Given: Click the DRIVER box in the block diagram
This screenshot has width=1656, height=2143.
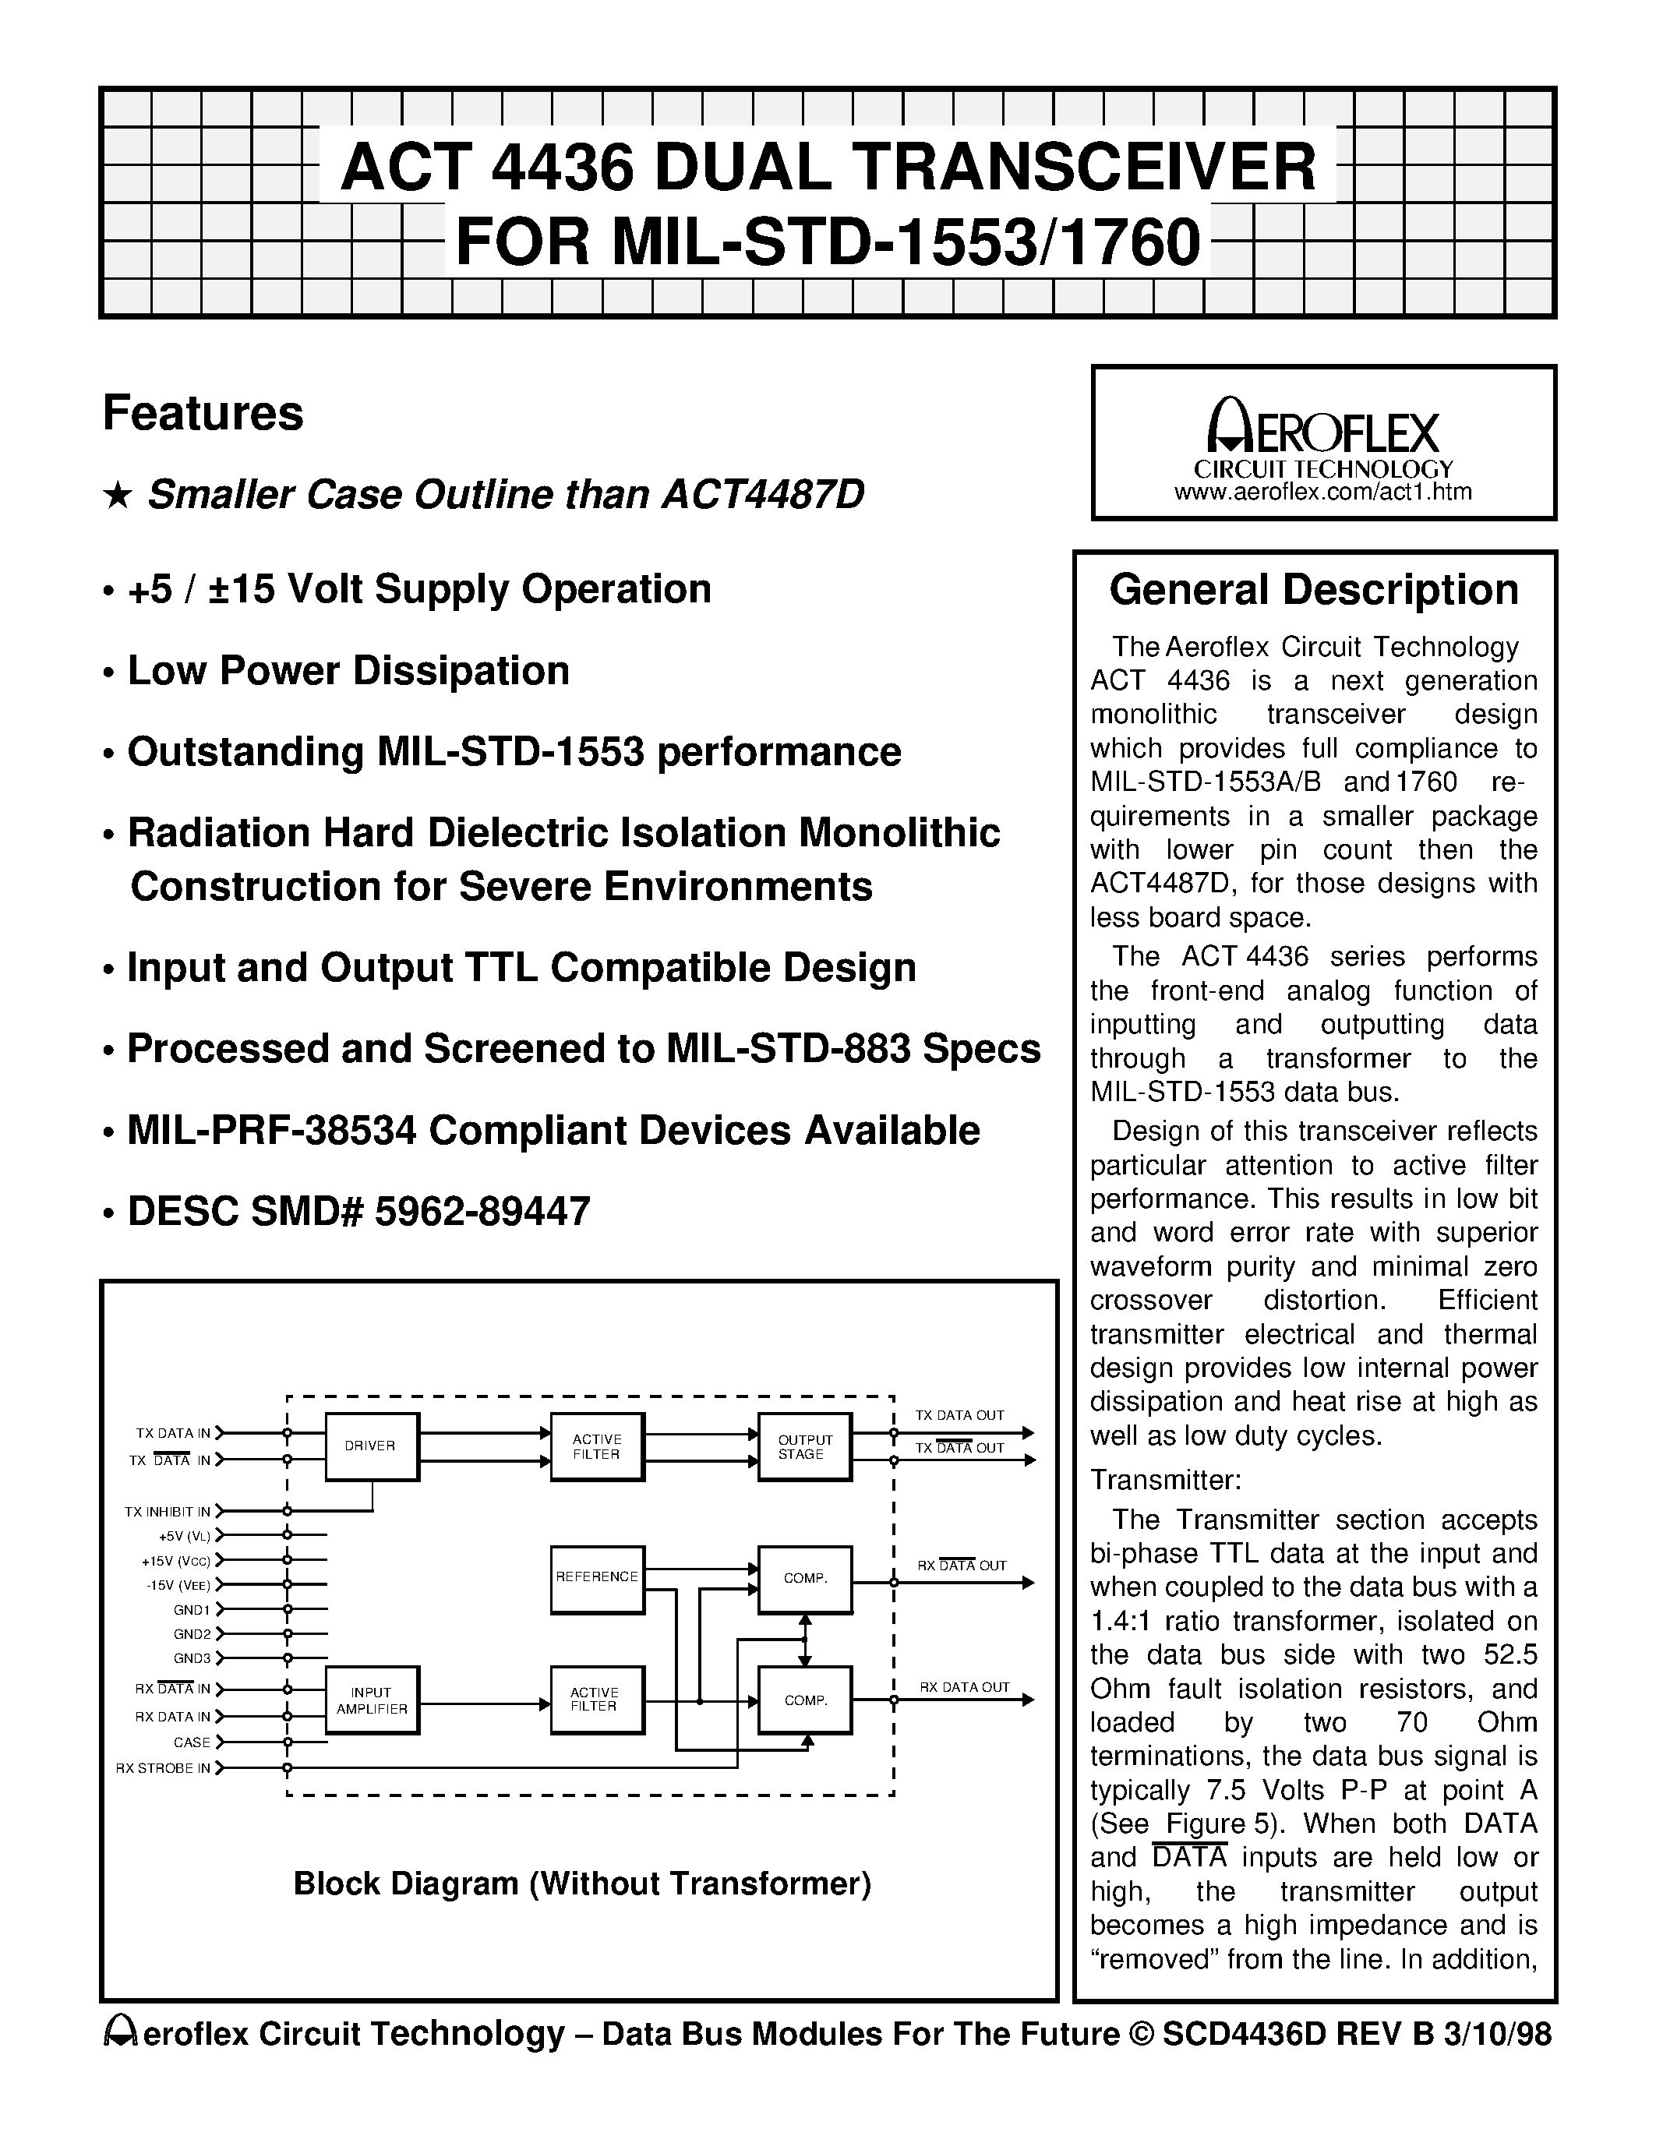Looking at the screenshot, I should tap(371, 1446).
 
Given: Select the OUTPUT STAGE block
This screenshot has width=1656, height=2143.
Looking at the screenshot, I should tap(804, 1446).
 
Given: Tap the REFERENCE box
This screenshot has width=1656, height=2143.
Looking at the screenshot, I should tap(596, 1576).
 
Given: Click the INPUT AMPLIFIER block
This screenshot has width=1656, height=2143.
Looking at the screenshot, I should tap(372, 1700).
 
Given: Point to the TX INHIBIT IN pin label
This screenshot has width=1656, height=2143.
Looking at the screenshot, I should tap(167, 1512).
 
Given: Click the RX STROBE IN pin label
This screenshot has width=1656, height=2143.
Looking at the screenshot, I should tap(163, 1768).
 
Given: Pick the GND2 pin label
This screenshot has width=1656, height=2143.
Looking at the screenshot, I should tap(191, 1633).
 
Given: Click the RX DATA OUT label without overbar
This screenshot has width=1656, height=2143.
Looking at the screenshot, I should tap(963, 1686).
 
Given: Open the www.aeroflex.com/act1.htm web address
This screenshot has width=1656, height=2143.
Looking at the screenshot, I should tap(1322, 493).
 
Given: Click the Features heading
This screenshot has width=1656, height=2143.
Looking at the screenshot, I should tap(203, 413).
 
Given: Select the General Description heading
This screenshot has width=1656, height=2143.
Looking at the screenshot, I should tap(1314, 590).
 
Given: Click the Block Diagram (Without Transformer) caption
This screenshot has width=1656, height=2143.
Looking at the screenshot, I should tap(583, 1883).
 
